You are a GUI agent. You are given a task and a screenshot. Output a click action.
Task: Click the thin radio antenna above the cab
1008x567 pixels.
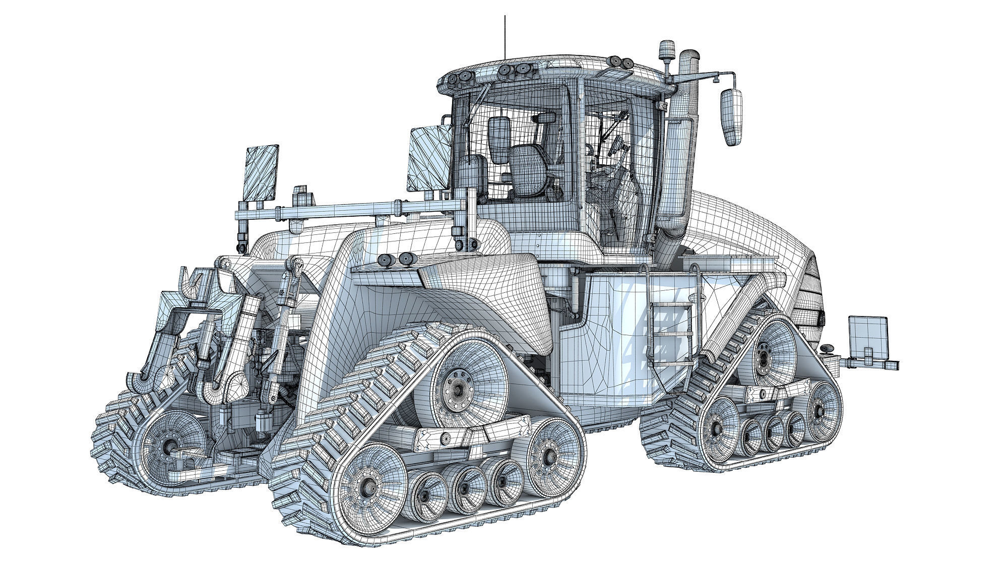tap(505, 38)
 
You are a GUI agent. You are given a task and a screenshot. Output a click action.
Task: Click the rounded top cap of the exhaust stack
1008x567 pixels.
tap(688, 58)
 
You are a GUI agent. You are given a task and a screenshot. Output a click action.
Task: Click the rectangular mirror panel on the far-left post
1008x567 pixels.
tap(262, 173)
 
